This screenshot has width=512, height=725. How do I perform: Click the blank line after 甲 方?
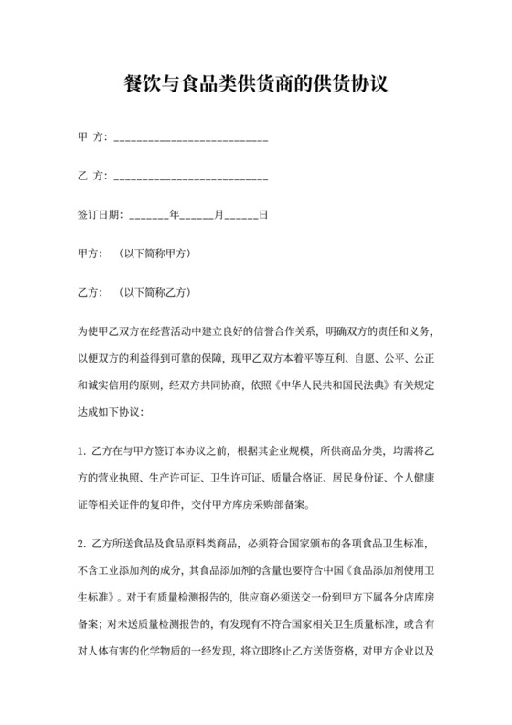(188, 140)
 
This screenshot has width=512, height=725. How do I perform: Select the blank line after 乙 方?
(188, 176)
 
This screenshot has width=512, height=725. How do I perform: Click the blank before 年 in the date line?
(150, 218)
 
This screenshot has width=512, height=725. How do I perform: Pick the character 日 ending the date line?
(263, 216)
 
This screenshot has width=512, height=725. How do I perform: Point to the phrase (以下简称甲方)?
(155, 253)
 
